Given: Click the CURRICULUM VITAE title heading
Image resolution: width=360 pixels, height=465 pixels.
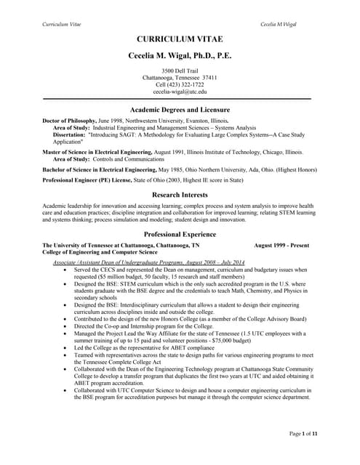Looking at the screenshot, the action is click(180, 39).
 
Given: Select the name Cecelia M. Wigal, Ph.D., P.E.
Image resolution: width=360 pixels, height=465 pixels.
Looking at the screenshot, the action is click(180, 55).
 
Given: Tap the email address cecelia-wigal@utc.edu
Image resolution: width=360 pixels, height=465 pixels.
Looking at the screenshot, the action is click(180, 92).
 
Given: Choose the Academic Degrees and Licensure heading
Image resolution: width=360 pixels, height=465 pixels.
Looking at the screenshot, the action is click(180, 108).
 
